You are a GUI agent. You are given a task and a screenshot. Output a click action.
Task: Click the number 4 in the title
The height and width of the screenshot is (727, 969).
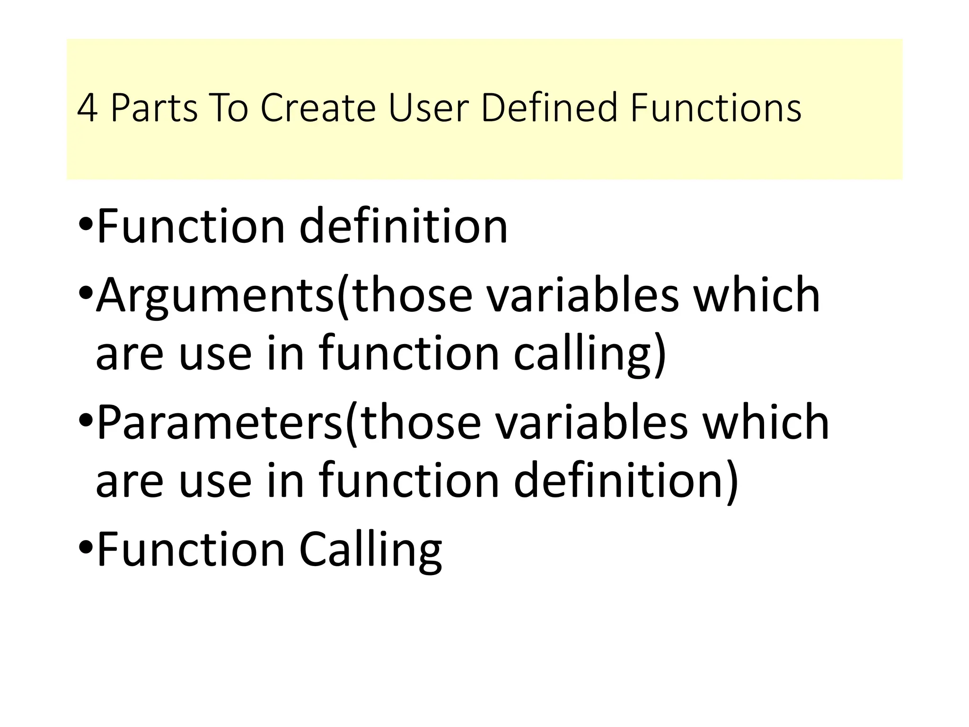pos(87,108)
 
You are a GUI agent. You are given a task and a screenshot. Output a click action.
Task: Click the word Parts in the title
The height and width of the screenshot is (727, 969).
pos(154,108)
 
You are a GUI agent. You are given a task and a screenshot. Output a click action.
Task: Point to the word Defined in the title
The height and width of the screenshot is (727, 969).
pos(549,108)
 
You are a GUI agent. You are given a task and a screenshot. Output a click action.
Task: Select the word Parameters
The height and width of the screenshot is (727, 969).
pos(219,422)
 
